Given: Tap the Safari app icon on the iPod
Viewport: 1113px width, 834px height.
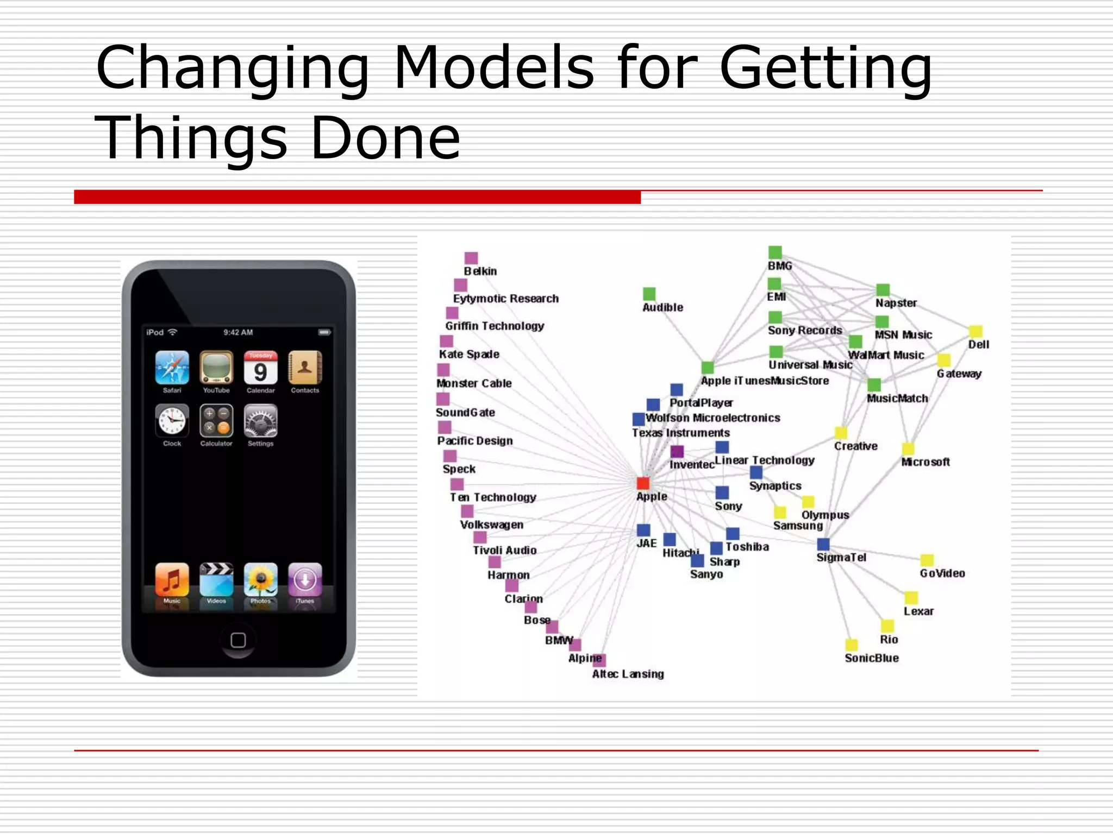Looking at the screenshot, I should point(172,368).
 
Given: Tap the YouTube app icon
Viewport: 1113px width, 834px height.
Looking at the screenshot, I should point(216,368).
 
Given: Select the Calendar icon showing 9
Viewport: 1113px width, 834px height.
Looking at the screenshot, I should point(260,368).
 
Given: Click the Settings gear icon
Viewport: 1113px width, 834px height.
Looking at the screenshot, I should point(260,421).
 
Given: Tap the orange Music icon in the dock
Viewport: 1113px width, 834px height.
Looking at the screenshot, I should point(172,579).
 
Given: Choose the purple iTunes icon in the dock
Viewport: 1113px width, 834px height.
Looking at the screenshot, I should point(305,579).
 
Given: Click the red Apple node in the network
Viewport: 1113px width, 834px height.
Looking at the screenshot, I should point(643,483).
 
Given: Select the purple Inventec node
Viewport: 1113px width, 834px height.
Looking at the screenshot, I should point(677,451).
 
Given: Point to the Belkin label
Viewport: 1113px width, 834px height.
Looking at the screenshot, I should point(480,271).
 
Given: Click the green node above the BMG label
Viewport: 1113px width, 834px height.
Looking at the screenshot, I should point(775,252).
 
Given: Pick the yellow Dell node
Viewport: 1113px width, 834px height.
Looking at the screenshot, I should point(976,331).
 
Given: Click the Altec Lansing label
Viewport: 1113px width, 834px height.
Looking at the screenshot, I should point(628,674).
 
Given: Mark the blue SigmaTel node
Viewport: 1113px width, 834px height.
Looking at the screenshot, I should point(823,544).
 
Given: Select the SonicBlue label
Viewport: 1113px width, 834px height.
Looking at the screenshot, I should point(871,658).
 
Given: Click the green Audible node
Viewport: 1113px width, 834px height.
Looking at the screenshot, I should point(649,294).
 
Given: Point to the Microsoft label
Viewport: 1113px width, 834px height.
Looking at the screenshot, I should point(925,462).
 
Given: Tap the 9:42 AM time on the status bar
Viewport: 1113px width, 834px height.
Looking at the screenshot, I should point(238,332).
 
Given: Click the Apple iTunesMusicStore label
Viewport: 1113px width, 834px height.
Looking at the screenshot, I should point(765,381).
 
